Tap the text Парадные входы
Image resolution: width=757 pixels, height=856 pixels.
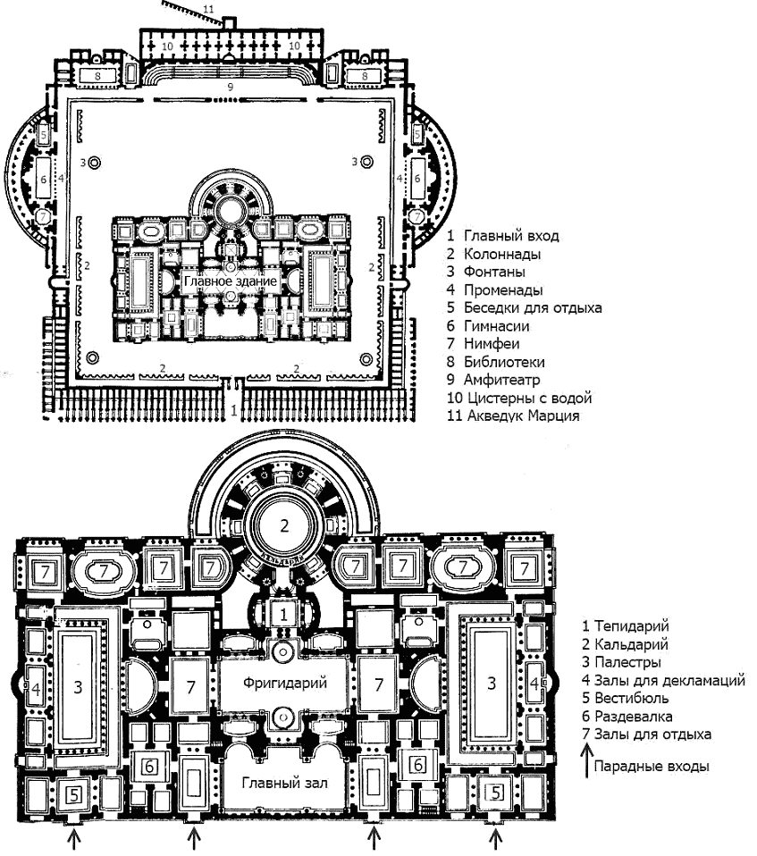[x=652, y=767]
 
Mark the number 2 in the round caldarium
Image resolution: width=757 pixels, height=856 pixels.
[x=284, y=525]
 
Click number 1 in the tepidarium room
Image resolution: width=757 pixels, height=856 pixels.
[x=283, y=614]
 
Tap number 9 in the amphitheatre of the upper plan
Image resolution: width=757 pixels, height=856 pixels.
[x=230, y=87]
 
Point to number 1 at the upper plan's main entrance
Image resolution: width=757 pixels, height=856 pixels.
[x=234, y=410]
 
